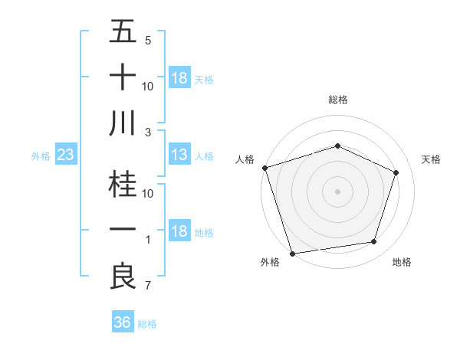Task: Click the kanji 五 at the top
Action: click(x=123, y=33)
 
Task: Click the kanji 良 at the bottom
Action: click(x=123, y=276)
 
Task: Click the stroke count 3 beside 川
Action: click(x=148, y=132)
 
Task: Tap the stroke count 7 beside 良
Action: click(x=148, y=286)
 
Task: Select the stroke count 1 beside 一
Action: click(x=148, y=241)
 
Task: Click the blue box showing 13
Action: click(x=179, y=155)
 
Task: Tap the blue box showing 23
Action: click(x=66, y=155)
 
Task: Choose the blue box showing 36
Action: click(x=123, y=322)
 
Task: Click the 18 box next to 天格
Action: click(x=179, y=78)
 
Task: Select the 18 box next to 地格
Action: click(x=179, y=232)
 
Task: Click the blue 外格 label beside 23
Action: click(x=41, y=156)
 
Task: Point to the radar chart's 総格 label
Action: click(x=338, y=100)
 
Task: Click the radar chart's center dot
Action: click(x=338, y=191)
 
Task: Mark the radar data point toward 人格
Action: click(x=264, y=167)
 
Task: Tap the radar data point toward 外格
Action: click(x=292, y=253)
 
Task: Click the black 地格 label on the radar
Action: click(x=402, y=262)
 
